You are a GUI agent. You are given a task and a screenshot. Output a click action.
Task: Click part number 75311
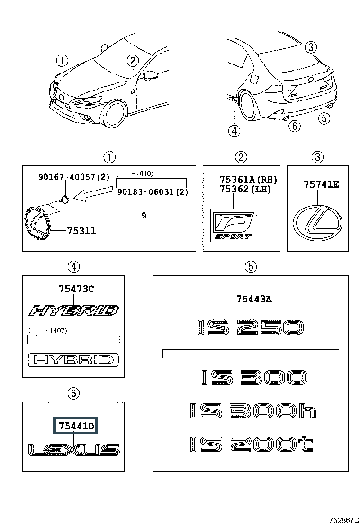tap(81, 230)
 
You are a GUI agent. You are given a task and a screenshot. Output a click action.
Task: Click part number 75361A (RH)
tap(248, 180)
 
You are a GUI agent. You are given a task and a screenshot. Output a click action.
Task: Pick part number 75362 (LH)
tap(245, 189)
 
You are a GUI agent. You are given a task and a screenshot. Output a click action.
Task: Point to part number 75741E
tap(321, 184)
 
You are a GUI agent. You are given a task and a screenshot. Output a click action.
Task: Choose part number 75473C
tap(77, 289)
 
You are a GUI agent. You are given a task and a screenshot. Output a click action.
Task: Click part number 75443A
tap(254, 299)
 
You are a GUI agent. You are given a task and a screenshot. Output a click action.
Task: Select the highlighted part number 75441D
tap(76, 426)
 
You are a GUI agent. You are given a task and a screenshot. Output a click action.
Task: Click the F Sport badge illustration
tap(233, 225)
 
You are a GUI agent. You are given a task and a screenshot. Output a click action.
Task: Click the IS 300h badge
tap(253, 411)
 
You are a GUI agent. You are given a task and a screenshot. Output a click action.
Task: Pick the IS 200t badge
tap(252, 445)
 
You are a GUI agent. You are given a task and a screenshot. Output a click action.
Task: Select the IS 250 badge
tap(250, 327)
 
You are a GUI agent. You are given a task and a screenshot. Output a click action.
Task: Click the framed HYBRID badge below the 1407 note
tap(73, 360)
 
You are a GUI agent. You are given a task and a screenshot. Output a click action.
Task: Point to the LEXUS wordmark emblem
tap(74, 450)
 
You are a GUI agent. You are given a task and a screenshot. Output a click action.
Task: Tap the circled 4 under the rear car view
tap(234, 130)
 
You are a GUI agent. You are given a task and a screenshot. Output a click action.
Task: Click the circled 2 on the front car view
tap(133, 61)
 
